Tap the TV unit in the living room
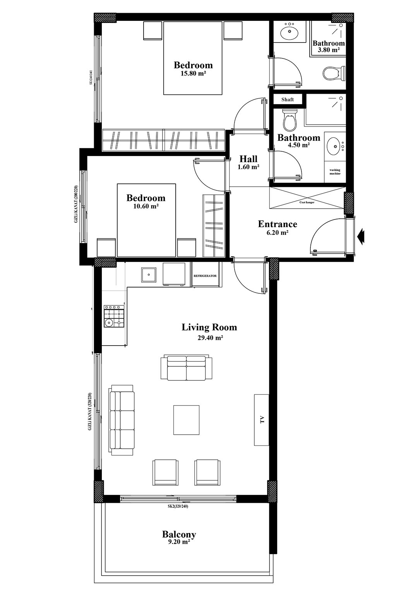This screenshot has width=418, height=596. pos(261,420)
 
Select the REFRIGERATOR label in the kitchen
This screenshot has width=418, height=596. pos(205,276)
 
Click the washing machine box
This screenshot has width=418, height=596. pos(335,171)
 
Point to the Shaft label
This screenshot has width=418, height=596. pos(287,99)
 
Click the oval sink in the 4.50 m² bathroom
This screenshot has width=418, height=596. pos(334,146)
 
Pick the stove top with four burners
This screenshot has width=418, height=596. pos(114,316)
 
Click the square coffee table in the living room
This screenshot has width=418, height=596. pos(186,420)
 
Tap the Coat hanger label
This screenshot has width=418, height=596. pos(307,202)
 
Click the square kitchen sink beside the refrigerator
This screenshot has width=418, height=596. pos(149,275)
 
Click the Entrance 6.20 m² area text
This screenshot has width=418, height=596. pos(277,228)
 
